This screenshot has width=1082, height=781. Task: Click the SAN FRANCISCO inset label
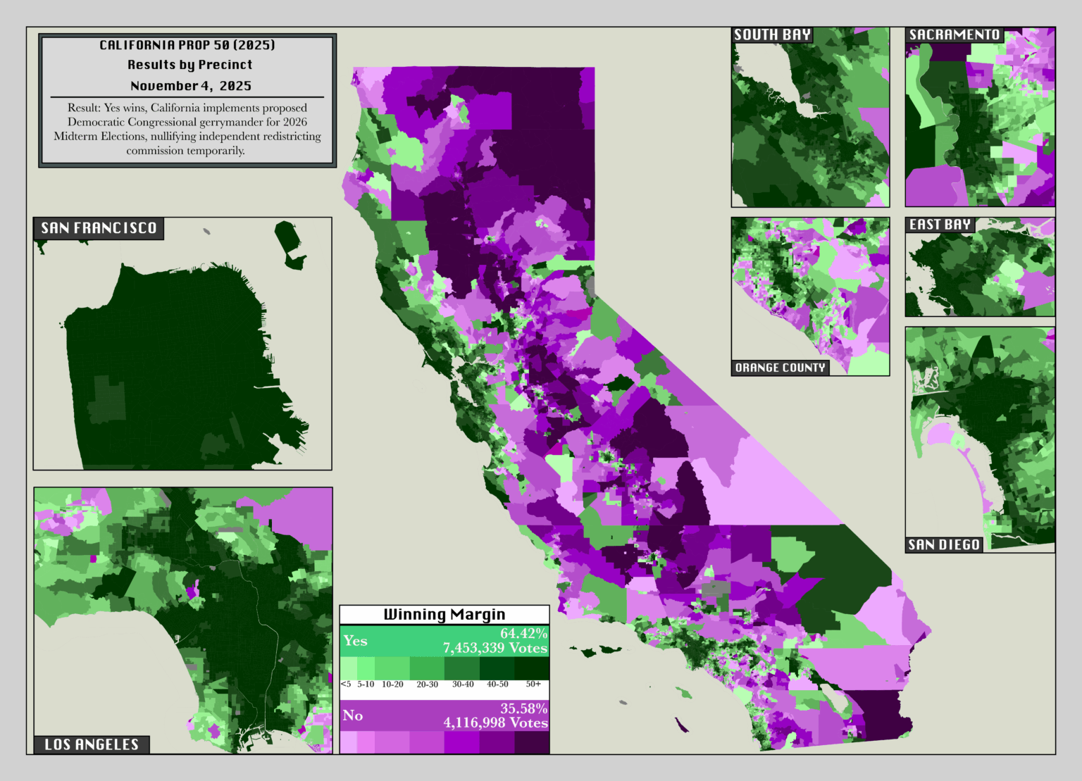click(x=99, y=228)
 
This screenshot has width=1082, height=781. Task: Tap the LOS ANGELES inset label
click(x=92, y=744)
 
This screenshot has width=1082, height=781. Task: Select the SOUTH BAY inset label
click(x=772, y=35)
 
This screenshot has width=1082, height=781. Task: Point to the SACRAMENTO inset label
click(x=954, y=35)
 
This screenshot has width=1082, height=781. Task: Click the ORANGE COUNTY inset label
click(x=780, y=368)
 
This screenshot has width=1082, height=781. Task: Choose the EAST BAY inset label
click(x=940, y=225)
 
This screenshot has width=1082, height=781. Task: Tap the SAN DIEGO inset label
click(x=944, y=544)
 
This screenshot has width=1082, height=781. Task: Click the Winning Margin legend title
click(x=444, y=614)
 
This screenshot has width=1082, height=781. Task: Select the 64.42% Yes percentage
click(x=523, y=634)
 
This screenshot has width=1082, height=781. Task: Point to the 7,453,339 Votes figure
click(x=495, y=648)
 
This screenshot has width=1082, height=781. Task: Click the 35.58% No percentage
click(x=523, y=708)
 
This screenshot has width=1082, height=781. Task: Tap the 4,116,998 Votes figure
click(x=495, y=723)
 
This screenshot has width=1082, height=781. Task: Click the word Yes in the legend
click(x=355, y=641)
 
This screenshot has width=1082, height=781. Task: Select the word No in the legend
click(x=352, y=716)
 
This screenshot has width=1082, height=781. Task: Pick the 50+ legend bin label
click(x=533, y=684)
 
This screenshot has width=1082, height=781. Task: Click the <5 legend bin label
click(x=346, y=684)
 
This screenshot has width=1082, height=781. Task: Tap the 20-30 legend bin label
click(x=427, y=684)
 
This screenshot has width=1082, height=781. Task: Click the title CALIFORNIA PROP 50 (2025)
click(x=187, y=45)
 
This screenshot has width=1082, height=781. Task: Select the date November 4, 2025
click(x=190, y=86)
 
